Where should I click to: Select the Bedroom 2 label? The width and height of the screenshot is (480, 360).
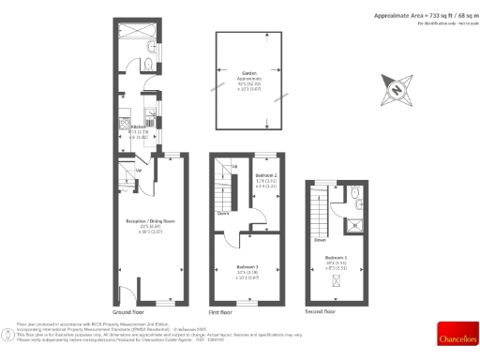[x=267, y=175]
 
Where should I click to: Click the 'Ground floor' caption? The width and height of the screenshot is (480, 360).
[x=127, y=310]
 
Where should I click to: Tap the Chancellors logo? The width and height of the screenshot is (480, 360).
[x=454, y=338]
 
